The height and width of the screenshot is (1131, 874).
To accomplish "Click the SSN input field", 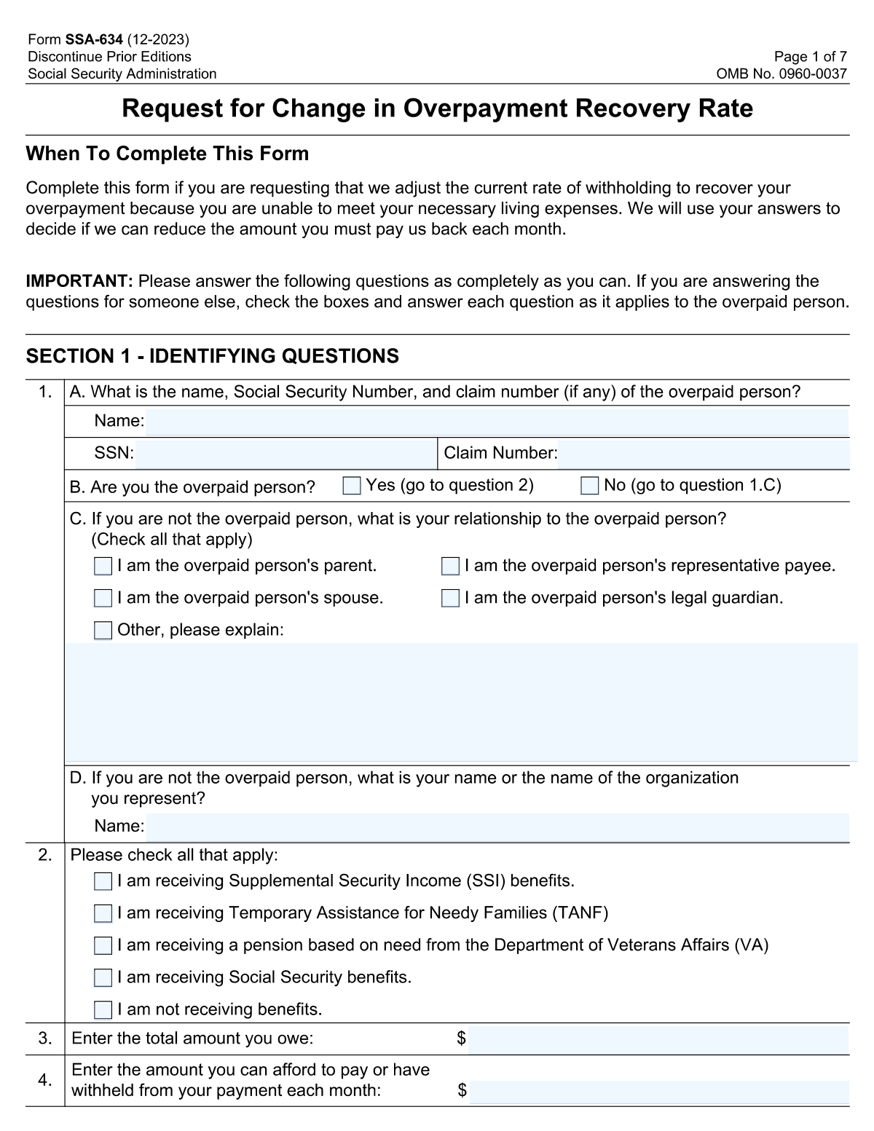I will click(x=286, y=454).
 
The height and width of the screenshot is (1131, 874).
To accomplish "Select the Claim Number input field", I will click(x=703, y=454).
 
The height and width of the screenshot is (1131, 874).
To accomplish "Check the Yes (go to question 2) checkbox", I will click(x=352, y=486).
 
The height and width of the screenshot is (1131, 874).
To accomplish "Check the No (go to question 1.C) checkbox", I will click(x=590, y=486).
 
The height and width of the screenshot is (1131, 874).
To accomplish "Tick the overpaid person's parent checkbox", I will click(x=103, y=567).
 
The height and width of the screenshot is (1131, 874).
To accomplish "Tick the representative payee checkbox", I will click(x=451, y=567).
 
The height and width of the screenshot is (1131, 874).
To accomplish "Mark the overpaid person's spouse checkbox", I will click(x=103, y=599).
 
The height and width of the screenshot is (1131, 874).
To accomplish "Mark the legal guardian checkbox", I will click(x=451, y=599).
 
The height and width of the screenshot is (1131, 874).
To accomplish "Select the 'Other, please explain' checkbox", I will click(x=103, y=631).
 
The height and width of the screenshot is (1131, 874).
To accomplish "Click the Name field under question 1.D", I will click(x=497, y=827).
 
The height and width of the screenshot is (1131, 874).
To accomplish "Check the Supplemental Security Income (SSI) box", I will click(x=103, y=882).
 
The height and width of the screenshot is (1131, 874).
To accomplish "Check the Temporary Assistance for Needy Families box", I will click(x=103, y=914).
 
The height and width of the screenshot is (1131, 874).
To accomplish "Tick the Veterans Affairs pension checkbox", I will click(x=103, y=946).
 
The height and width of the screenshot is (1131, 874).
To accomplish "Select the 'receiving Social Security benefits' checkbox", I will click(x=103, y=978).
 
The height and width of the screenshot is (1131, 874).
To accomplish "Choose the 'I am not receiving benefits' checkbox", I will click(x=103, y=1010).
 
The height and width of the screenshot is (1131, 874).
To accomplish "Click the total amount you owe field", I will click(x=658, y=1039).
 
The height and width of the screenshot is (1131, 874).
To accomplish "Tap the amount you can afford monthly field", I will click(x=658, y=1092).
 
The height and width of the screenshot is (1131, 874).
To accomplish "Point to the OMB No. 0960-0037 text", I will click(x=782, y=74).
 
